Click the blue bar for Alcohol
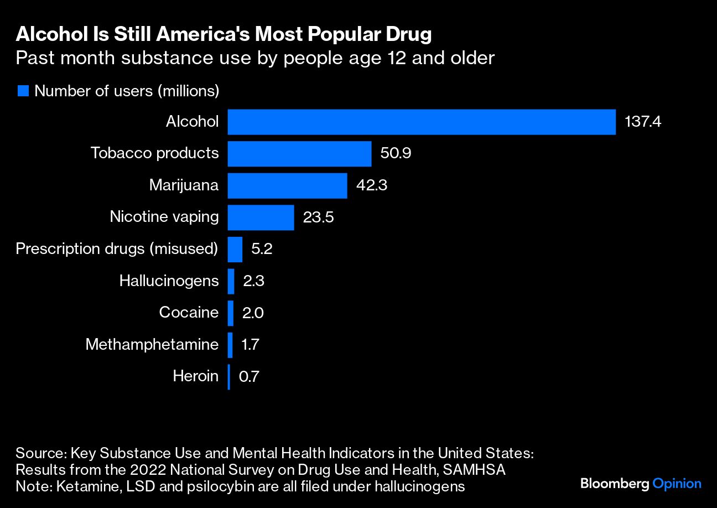pyautogui.click(x=422, y=122)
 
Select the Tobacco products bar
pyautogui.click(x=299, y=154)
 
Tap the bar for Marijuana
pyautogui.click(x=287, y=186)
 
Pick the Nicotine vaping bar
pyautogui.click(x=261, y=217)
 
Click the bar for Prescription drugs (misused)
pyautogui.click(x=235, y=249)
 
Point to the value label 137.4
pyautogui.click(x=643, y=122)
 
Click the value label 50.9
pyautogui.click(x=396, y=154)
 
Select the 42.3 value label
pyautogui.click(x=371, y=186)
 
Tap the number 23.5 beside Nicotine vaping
pyautogui.click(x=318, y=217)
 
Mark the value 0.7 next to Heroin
pyautogui.click(x=249, y=377)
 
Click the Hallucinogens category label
pyautogui.click(x=169, y=281)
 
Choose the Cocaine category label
pyautogui.click(x=189, y=313)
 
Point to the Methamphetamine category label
pyautogui.click(x=152, y=345)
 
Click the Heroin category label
pyautogui.click(x=195, y=377)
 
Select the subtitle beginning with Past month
pyautogui.click(x=254, y=58)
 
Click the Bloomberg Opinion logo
pyautogui.click(x=641, y=484)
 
